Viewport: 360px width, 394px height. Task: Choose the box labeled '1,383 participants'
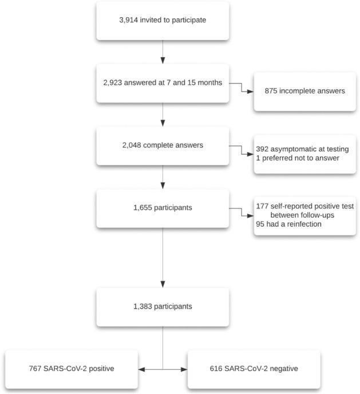point(163,306)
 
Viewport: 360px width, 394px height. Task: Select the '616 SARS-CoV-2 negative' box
point(255,369)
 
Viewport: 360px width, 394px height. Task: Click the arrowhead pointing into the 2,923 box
point(163,62)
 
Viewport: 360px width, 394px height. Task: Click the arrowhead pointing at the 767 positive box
point(142,369)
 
